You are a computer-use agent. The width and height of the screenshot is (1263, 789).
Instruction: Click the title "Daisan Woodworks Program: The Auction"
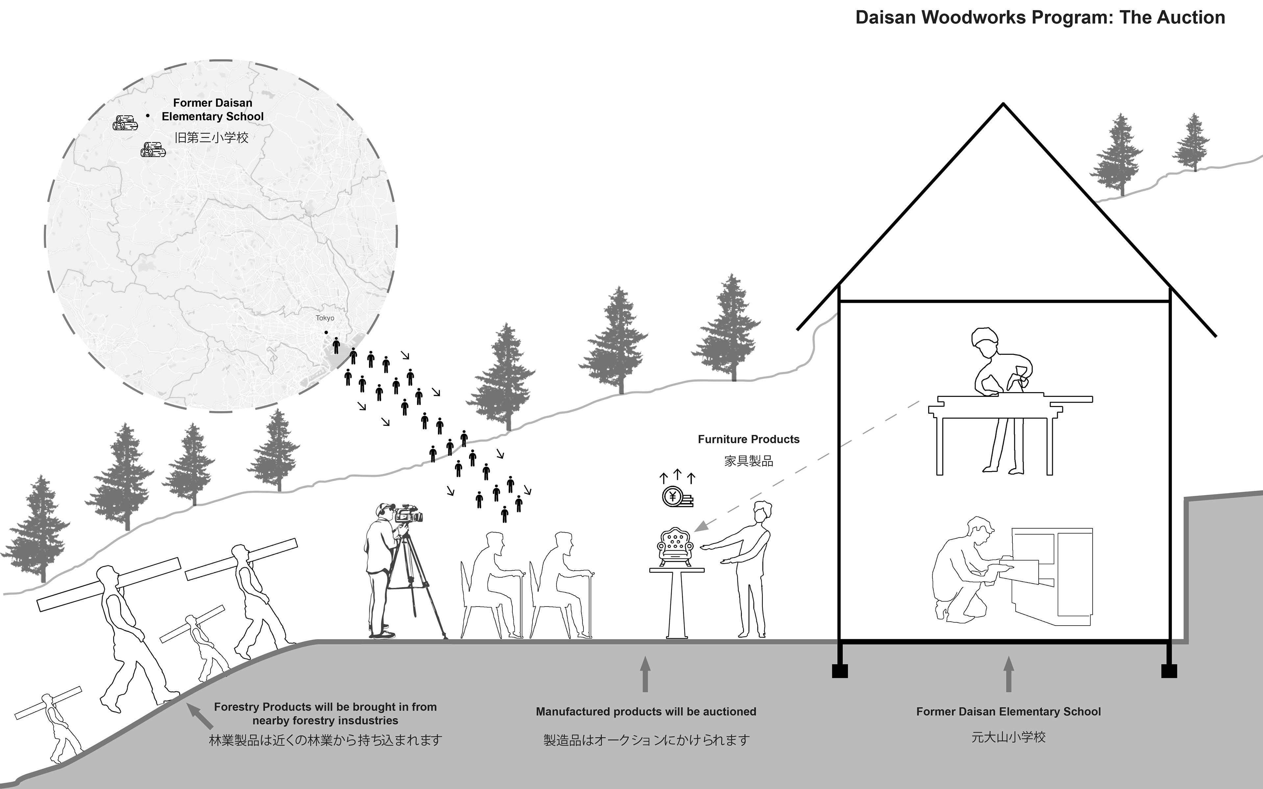point(1040,18)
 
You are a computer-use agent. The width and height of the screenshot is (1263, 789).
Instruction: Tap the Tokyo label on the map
point(325,318)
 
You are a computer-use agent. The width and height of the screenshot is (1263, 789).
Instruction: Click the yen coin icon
point(673,497)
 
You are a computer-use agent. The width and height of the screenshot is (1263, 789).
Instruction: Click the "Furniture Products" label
point(748,440)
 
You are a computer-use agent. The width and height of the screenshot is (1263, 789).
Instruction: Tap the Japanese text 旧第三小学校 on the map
point(211,138)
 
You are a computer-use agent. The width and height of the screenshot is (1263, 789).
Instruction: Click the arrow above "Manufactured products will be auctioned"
point(645,674)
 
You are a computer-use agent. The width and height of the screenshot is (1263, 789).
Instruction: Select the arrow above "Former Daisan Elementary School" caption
point(1008,674)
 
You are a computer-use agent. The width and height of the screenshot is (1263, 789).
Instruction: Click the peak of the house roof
point(1003,104)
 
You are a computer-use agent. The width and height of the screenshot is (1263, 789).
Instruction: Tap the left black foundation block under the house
point(840,671)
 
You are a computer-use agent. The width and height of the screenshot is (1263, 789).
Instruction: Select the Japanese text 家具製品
point(748,461)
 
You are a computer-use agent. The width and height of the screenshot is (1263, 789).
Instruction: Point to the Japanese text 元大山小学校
point(1008,737)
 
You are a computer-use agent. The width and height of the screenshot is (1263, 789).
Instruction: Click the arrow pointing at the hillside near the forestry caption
point(200,716)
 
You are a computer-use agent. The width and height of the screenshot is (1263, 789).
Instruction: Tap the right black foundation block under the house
point(1169,671)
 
